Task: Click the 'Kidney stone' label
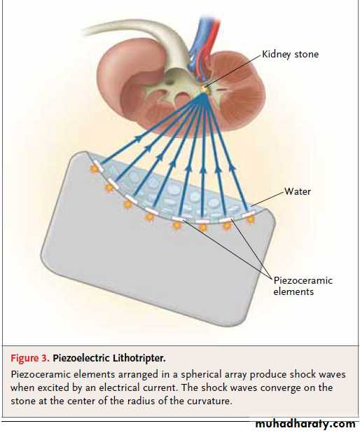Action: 290,54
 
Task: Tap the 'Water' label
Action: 298,191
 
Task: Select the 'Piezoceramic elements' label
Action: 303,286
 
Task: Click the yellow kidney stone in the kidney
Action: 205,88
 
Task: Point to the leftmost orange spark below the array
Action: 95,169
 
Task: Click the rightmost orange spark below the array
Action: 251,219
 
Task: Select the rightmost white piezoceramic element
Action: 248,214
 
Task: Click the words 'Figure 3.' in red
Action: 30,358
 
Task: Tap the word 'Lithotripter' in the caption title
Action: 139,358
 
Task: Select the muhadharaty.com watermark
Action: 305,424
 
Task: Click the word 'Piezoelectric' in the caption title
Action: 81,358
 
